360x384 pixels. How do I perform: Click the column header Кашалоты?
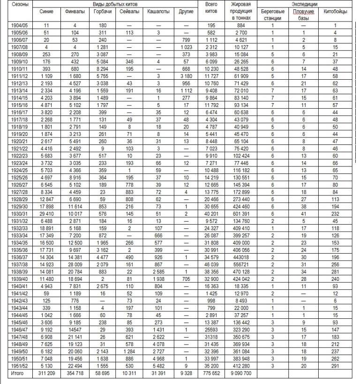(x=159, y=11)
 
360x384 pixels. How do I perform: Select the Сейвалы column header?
(x=130, y=11)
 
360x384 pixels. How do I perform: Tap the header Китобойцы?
(x=336, y=11)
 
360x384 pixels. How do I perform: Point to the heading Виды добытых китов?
(x=113, y=4)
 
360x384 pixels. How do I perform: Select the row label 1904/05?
(x=19, y=25)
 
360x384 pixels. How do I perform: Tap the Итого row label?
(x=17, y=373)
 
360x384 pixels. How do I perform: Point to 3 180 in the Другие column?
(x=187, y=75)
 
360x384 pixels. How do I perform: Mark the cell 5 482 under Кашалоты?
(x=159, y=366)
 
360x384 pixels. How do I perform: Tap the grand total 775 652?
(x=211, y=373)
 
